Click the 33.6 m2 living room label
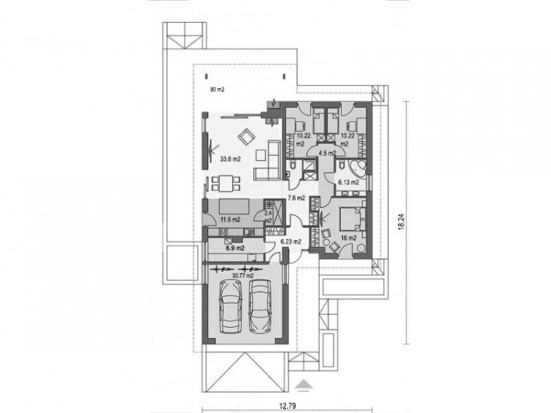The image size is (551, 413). point(231,159)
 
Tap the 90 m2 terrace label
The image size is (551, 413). point(217,90)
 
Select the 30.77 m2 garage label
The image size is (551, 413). point(243,276)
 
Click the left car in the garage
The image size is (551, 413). point(230,306)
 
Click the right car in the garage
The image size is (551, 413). point(261,306)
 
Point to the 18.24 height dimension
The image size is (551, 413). point(402,223)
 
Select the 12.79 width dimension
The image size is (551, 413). point(287,406)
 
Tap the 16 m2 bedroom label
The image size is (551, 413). point(348,238)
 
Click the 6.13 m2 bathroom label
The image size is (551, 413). point(348,182)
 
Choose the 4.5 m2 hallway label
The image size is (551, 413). point(327,153)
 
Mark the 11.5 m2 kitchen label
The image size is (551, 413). point(230,220)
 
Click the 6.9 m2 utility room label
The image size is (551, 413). point(235,248)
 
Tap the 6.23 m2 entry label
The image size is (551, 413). point(291,242)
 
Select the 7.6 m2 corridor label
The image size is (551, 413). point(296,198)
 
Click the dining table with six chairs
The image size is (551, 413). point(226,184)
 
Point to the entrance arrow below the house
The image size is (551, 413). point(304,384)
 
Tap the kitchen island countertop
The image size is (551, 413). point(234,206)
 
